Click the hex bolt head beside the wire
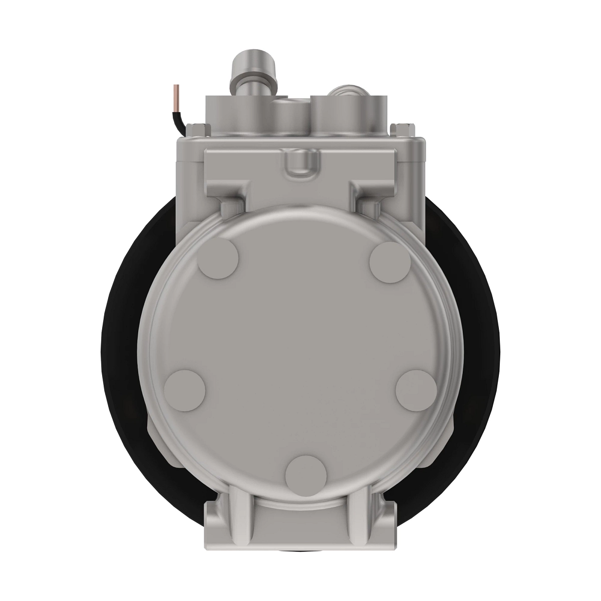[197, 129]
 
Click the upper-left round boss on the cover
[219, 258]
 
